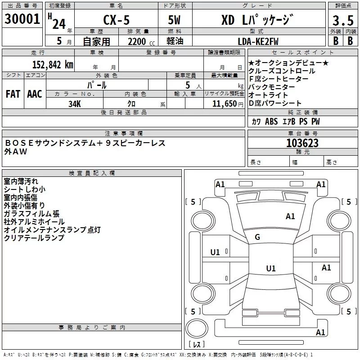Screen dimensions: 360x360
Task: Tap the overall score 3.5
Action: [x=342, y=21]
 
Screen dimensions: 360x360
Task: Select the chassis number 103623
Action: [x=302, y=143]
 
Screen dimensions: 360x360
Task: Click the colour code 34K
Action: [x=75, y=104]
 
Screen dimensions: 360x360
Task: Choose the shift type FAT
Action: [x=13, y=94]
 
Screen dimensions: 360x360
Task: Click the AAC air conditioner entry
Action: [x=34, y=94]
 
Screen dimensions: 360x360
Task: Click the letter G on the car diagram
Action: [x=257, y=237]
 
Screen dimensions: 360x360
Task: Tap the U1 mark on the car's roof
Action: [x=270, y=268]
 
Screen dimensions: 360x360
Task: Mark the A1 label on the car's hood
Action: [x=290, y=216]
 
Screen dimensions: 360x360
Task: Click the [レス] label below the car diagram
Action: [x=196, y=345]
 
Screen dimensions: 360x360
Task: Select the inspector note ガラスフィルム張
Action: [x=31, y=214]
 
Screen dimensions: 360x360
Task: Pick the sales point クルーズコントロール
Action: [x=282, y=71]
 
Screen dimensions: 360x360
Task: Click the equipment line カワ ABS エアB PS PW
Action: [x=286, y=121]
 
